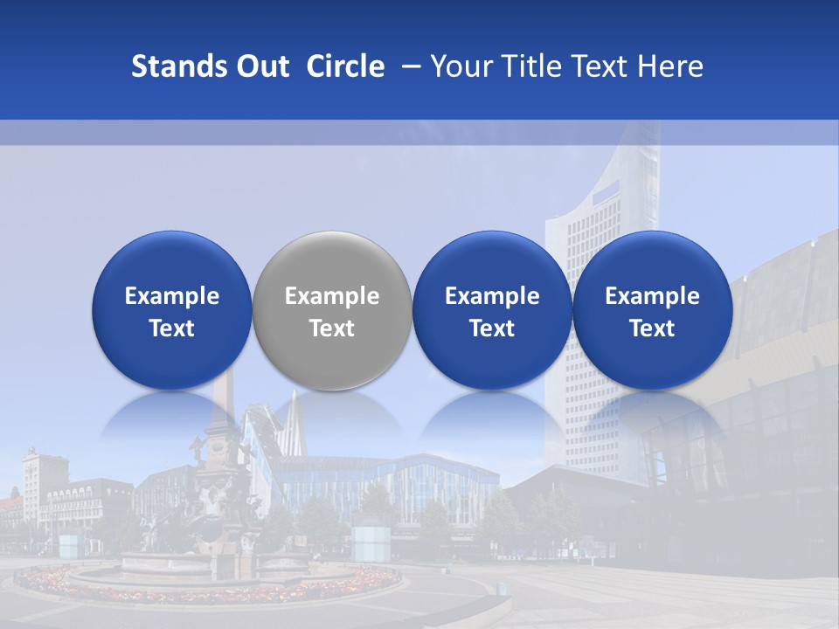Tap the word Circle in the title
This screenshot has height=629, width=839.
pyautogui.click(x=345, y=66)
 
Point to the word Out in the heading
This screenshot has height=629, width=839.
pyautogui.click(x=262, y=66)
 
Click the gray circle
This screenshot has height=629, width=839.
pyautogui.click(x=331, y=311)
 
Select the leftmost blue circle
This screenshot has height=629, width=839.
pyautogui.click(x=171, y=311)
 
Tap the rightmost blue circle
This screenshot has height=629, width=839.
pyautogui.click(x=652, y=311)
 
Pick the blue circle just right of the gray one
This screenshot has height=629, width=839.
pyautogui.click(x=492, y=311)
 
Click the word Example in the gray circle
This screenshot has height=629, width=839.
pyautogui.click(x=332, y=296)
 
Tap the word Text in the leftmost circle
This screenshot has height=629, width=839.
pyautogui.click(x=172, y=328)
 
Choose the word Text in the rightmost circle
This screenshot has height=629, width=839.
pyautogui.click(x=652, y=328)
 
